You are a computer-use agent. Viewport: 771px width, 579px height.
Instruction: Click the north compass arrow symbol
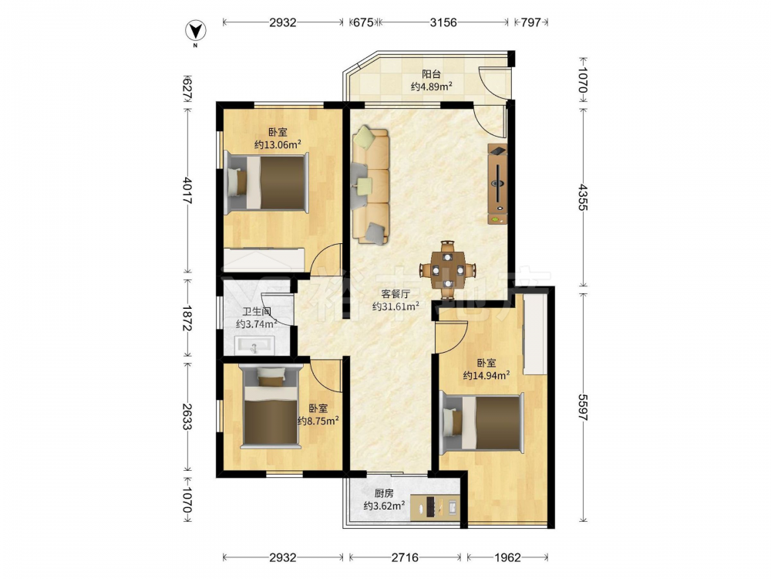195,31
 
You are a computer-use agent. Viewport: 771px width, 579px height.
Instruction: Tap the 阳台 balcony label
431,74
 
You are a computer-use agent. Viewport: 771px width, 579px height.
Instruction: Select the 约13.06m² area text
278,144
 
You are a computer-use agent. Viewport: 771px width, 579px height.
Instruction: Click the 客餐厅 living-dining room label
396,294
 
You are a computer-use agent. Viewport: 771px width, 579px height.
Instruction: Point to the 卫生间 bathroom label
257,312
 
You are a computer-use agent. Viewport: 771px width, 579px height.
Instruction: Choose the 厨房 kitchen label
384,493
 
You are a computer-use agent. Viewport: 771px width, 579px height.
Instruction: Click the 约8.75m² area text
318,421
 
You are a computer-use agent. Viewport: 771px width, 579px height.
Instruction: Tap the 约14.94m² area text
487,375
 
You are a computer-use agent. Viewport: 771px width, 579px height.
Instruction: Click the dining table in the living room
447,269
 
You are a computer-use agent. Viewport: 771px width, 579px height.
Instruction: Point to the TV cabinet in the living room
497,185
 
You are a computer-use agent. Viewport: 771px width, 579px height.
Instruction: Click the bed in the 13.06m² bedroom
267,183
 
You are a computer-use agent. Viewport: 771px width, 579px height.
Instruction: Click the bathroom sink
254,346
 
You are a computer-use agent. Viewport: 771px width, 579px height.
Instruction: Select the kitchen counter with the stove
435,508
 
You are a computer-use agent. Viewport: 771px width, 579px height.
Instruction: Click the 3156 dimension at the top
443,22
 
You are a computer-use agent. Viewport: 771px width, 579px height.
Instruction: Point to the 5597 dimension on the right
582,407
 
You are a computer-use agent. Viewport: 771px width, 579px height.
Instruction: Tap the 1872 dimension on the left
187,318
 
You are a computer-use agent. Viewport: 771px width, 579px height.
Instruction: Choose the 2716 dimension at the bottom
406,557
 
